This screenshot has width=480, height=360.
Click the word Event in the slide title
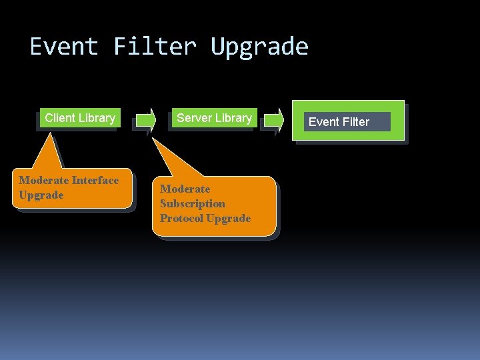[x=63, y=47]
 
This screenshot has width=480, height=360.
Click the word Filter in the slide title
[x=155, y=47]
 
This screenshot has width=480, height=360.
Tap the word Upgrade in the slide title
[x=259, y=47]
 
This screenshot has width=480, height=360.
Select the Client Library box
[x=79, y=118]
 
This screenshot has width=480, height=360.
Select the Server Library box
[x=214, y=118]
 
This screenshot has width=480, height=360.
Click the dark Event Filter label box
[x=347, y=122]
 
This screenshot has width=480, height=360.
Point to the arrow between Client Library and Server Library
[x=145, y=121]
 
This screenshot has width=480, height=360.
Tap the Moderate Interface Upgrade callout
[x=73, y=188]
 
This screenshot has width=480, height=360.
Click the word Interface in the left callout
[x=95, y=180]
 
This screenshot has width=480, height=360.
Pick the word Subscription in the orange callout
[x=193, y=203]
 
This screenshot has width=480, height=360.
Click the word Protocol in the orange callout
[x=181, y=218]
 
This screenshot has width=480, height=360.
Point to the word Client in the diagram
[x=59, y=118]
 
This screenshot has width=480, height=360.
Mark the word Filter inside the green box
[x=355, y=122]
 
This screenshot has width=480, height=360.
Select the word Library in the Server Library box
[x=233, y=118]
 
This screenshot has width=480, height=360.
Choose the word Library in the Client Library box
[x=97, y=118]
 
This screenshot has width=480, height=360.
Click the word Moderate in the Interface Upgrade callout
[x=43, y=180]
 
